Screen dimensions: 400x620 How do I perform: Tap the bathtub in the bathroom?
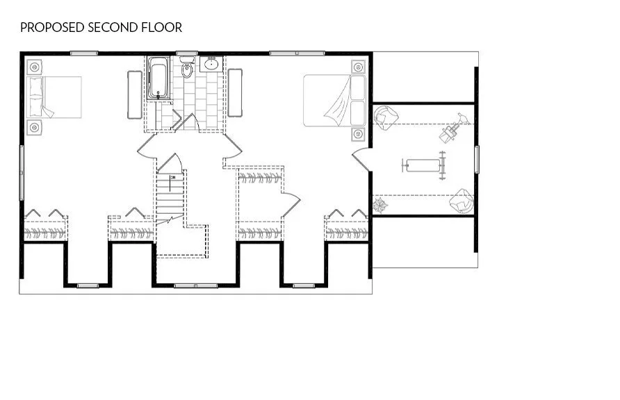pos(158,78)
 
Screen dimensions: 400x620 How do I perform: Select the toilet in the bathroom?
pos(187,71)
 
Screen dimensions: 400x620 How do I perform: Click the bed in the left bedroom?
pos(54,97)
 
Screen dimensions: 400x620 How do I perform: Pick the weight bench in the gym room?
pos(422,165)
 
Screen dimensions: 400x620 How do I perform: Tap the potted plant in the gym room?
pos(380,206)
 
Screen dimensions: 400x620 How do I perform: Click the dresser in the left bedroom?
pos(134,94)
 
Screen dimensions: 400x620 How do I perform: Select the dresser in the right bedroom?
pos(235,93)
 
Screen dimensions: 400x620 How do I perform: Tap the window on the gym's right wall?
pos(476,159)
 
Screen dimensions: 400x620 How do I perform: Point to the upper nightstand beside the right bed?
pos(358,67)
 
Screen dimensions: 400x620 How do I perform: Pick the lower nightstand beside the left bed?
pos(35,127)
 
